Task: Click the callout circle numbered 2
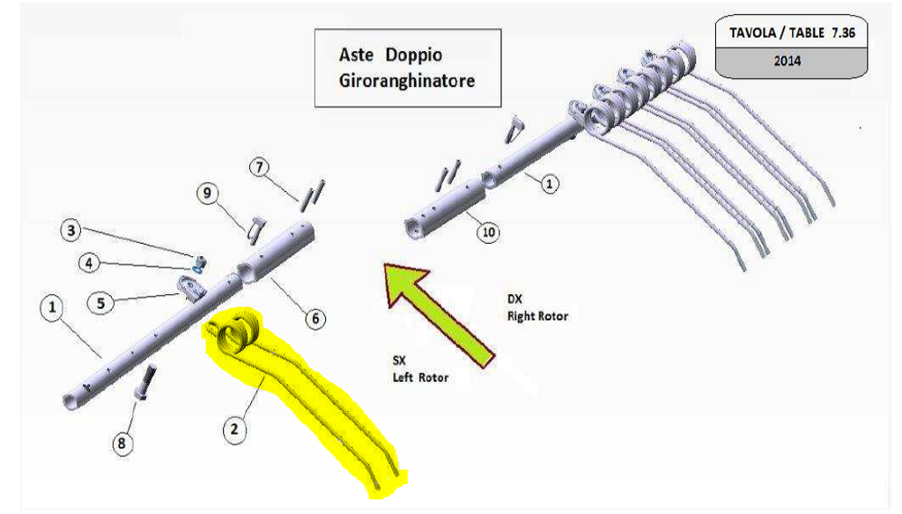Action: coord(233,429)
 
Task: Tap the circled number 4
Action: coord(89,262)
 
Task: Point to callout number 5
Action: coord(101,303)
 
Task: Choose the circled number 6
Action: coord(314,318)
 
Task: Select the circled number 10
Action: coord(488,232)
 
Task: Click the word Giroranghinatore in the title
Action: coord(407,80)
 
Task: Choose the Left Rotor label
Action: coord(420,378)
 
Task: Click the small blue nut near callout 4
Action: coord(198,262)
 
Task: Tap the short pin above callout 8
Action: coord(144,381)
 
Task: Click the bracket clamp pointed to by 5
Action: coord(191,287)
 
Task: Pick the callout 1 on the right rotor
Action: coord(550,184)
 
